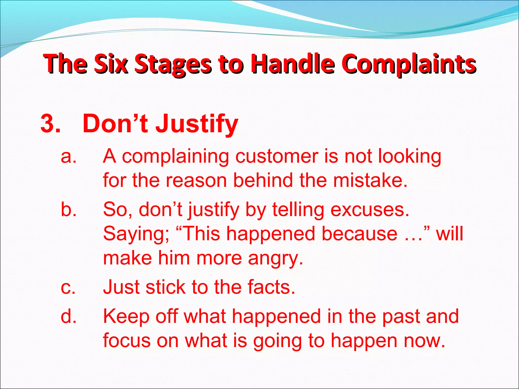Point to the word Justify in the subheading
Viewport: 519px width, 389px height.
(x=197, y=124)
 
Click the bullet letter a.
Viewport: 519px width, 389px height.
(x=68, y=156)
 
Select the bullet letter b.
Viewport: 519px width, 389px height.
(x=68, y=210)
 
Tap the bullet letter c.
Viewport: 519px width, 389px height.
(x=68, y=287)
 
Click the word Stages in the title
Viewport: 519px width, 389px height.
(x=173, y=64)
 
